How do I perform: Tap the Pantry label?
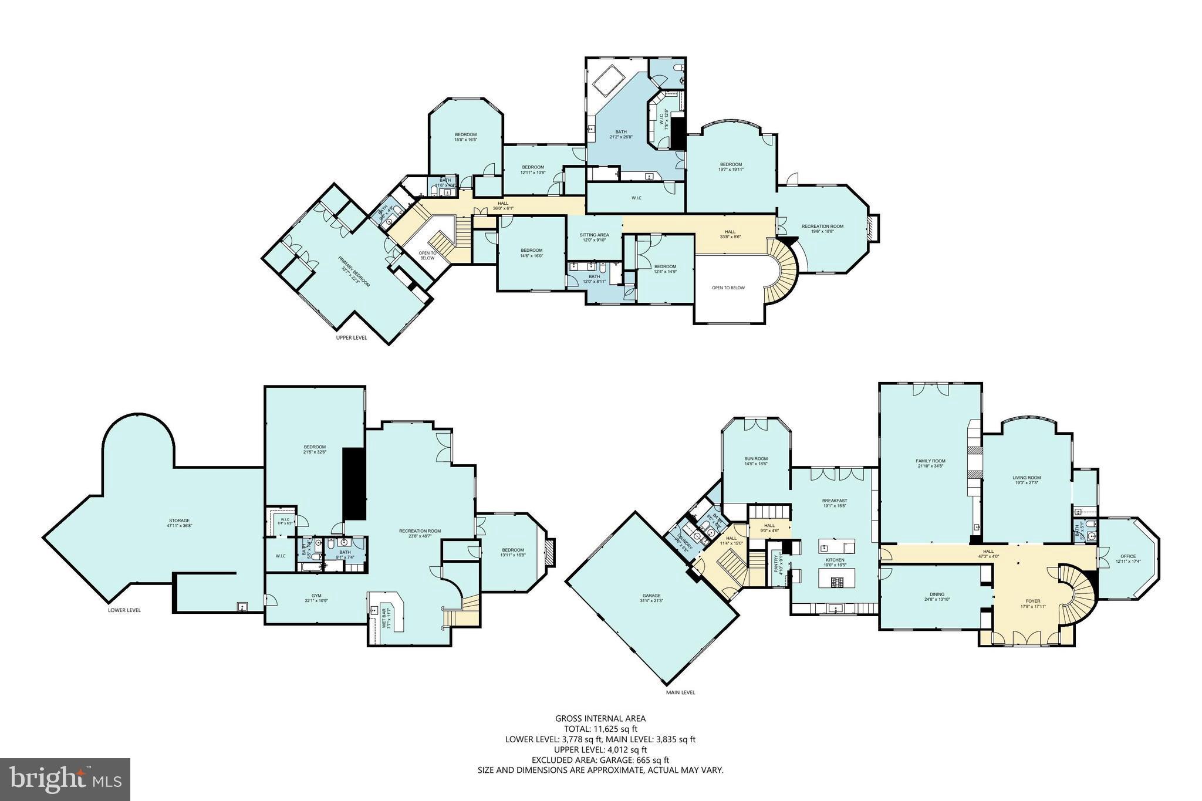pos(776,564)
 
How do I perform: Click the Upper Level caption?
pos(352,337)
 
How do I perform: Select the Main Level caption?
pos(680,692)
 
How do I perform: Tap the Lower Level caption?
pos(124,610)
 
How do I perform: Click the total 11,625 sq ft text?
pos(600,729)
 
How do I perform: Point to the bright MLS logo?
pos(65,780)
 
